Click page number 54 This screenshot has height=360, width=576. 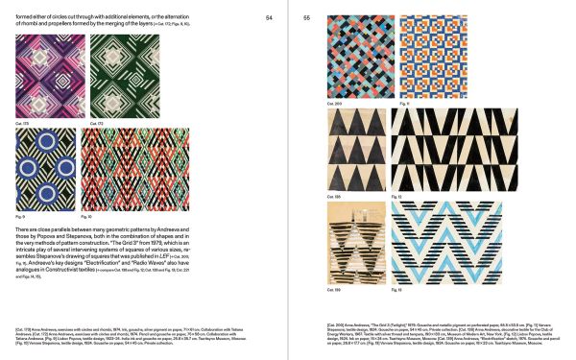269,16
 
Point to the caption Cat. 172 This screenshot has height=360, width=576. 95,124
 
